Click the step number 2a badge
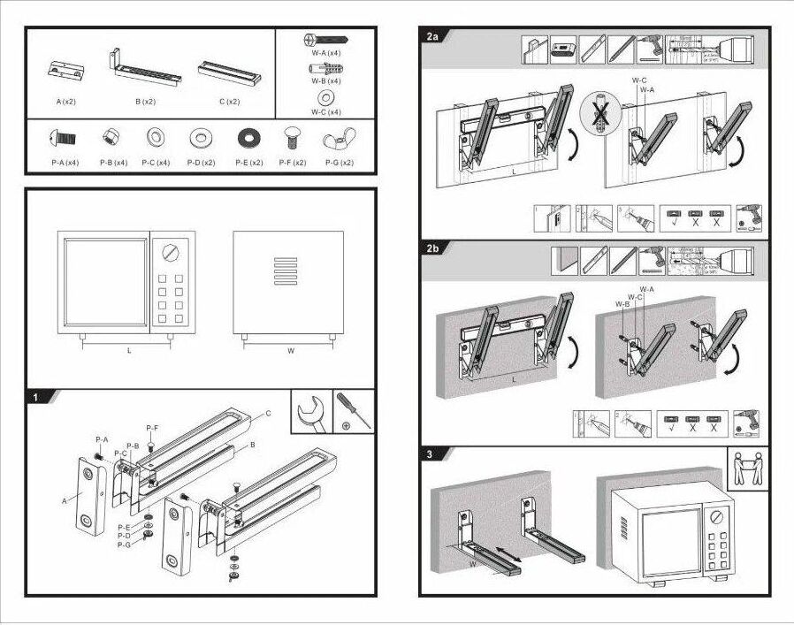[432, 36]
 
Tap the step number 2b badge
[432, 248]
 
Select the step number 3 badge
[429, 454]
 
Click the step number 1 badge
[35, 397]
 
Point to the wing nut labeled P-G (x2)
[339, 140]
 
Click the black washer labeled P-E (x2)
[248, 139]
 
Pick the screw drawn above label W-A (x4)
[325, 42]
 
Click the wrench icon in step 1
[311, 410]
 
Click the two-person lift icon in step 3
[747, 469]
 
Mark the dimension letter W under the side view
[289, 351]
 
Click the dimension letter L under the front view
[128, 351]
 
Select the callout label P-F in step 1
[152, 428]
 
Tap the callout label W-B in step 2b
[622, 304]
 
